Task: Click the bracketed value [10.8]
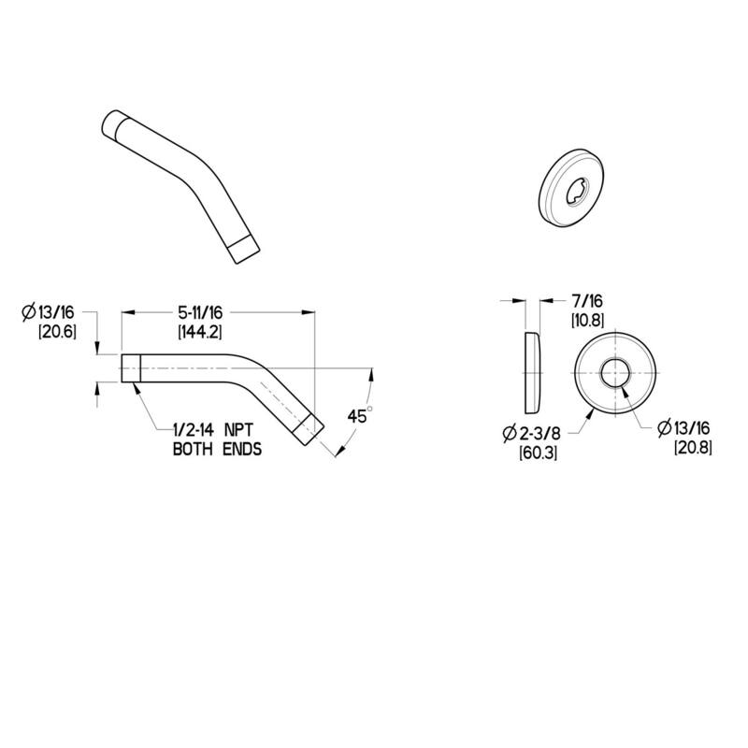pos(587,321)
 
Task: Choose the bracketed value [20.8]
pos(693,447)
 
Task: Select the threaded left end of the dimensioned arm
pos(131,367)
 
